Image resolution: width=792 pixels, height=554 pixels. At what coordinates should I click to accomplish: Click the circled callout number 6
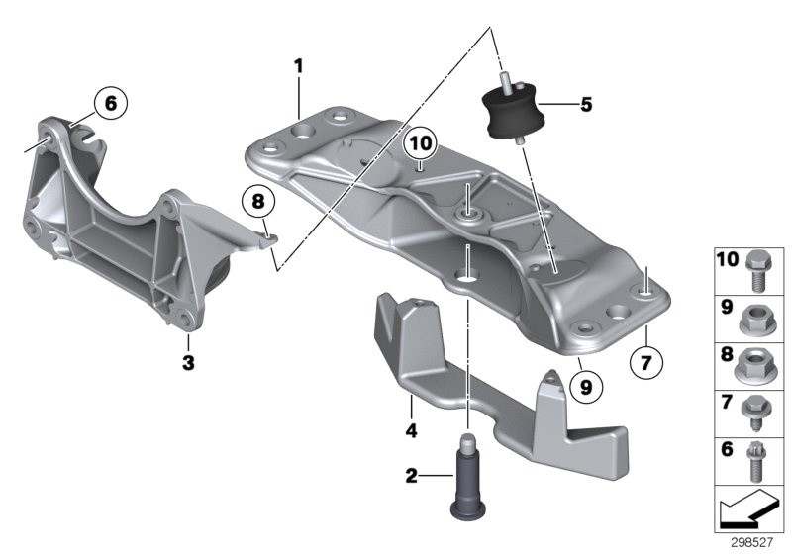110,102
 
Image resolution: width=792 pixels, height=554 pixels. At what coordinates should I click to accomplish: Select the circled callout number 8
258,203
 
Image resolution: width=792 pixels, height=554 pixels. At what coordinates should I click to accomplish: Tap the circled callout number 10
420,144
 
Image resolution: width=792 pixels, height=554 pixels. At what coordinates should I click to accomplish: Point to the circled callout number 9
584,389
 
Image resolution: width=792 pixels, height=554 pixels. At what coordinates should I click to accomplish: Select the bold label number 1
297,66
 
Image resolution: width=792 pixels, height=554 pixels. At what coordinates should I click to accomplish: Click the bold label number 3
188,361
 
